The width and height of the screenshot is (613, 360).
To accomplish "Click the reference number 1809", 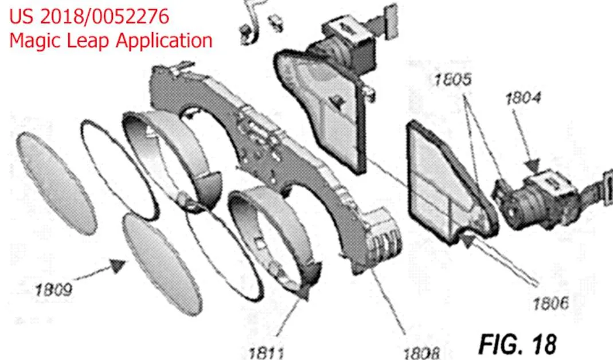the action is click(x=53, y=289).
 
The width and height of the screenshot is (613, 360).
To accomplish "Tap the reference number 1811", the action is click(x=266, y=353).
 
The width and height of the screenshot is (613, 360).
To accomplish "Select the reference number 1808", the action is click(x=421, y=353).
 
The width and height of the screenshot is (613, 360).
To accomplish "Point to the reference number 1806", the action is click(x=550, y=303).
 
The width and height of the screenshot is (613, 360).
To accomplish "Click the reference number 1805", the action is click(x=452, y=79).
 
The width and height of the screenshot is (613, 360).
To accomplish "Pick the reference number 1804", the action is click(x=523, y=97).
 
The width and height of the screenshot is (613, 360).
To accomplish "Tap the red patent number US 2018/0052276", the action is click(x=89, y=17).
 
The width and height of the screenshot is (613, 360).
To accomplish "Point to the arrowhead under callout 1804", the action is click(x=533, y=165).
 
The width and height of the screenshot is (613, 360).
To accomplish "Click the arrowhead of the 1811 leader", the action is click(x=303, y=292).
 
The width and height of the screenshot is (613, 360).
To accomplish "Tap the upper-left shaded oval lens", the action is click(x=56, y=183).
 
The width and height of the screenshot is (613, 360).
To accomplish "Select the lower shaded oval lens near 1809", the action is click(x=162, y=264).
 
